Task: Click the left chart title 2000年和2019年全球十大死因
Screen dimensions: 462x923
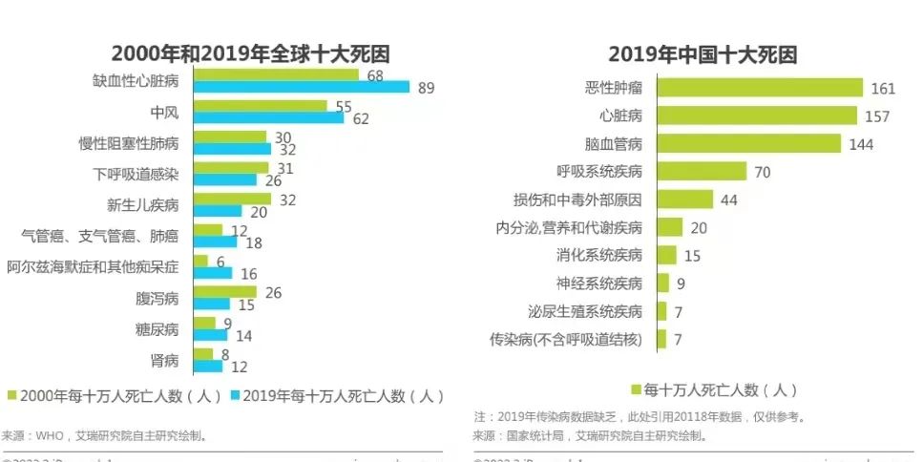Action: (250, 53)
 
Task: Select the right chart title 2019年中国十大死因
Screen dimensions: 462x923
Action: (703, 54)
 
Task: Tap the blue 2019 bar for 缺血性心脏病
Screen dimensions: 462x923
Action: (301, 88)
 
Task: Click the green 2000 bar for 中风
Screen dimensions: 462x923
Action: (260, 106)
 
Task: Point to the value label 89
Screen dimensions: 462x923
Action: (426, 89)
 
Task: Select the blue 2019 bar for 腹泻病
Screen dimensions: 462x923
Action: (211, 304)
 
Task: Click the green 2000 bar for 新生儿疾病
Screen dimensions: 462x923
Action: (232, 199)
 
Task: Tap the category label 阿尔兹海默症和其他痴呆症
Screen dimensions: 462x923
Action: (93, 267)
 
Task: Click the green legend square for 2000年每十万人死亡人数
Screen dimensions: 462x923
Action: (12, 395)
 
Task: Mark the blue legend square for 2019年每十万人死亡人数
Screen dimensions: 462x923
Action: (235, 395)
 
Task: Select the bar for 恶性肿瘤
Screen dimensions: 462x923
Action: (759, 89)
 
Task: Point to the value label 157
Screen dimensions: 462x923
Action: (877, 116)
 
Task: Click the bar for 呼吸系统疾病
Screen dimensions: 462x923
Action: (702, 172)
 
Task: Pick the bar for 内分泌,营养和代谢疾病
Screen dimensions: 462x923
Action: (669, 227)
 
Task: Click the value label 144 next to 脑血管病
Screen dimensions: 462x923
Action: (862, 145)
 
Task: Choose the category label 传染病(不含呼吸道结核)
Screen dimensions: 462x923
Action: (565, 339)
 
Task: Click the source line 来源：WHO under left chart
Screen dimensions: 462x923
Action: (103, 435)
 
